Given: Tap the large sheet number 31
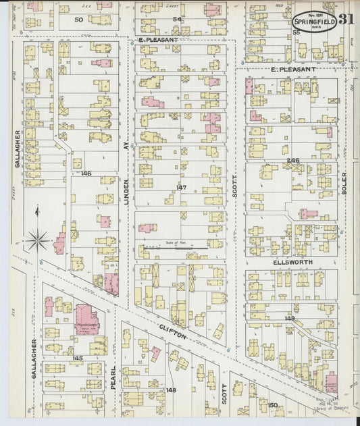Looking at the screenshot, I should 346,19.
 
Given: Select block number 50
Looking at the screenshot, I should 78,20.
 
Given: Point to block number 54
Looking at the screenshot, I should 177,19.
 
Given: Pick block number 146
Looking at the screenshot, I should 85,174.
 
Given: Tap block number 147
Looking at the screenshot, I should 180,186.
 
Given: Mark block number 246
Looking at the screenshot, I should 292,160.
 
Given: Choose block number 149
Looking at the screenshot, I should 290,318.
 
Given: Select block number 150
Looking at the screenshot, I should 272,405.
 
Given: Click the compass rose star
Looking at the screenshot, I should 38,238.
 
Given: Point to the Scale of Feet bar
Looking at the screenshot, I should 175,250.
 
